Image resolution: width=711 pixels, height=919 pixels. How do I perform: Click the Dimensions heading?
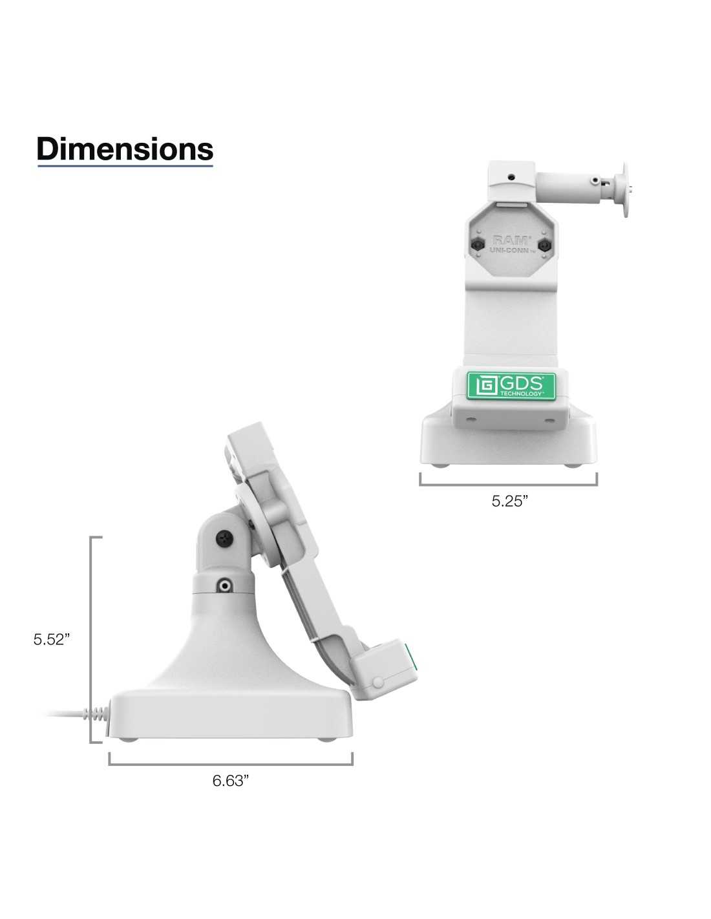point(125,149)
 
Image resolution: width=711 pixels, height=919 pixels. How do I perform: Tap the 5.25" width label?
point(509,501)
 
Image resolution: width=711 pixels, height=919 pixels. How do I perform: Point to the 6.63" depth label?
point(230,780)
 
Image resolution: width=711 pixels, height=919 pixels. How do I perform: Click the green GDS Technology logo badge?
point(511,385)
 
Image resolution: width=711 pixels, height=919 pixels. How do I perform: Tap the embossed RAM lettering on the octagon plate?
point(511,240)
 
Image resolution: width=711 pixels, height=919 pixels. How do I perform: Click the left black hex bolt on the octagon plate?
point(478,244)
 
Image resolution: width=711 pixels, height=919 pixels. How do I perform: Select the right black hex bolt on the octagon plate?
point(544,244)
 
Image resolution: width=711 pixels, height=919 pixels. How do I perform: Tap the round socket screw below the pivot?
point(224,586)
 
